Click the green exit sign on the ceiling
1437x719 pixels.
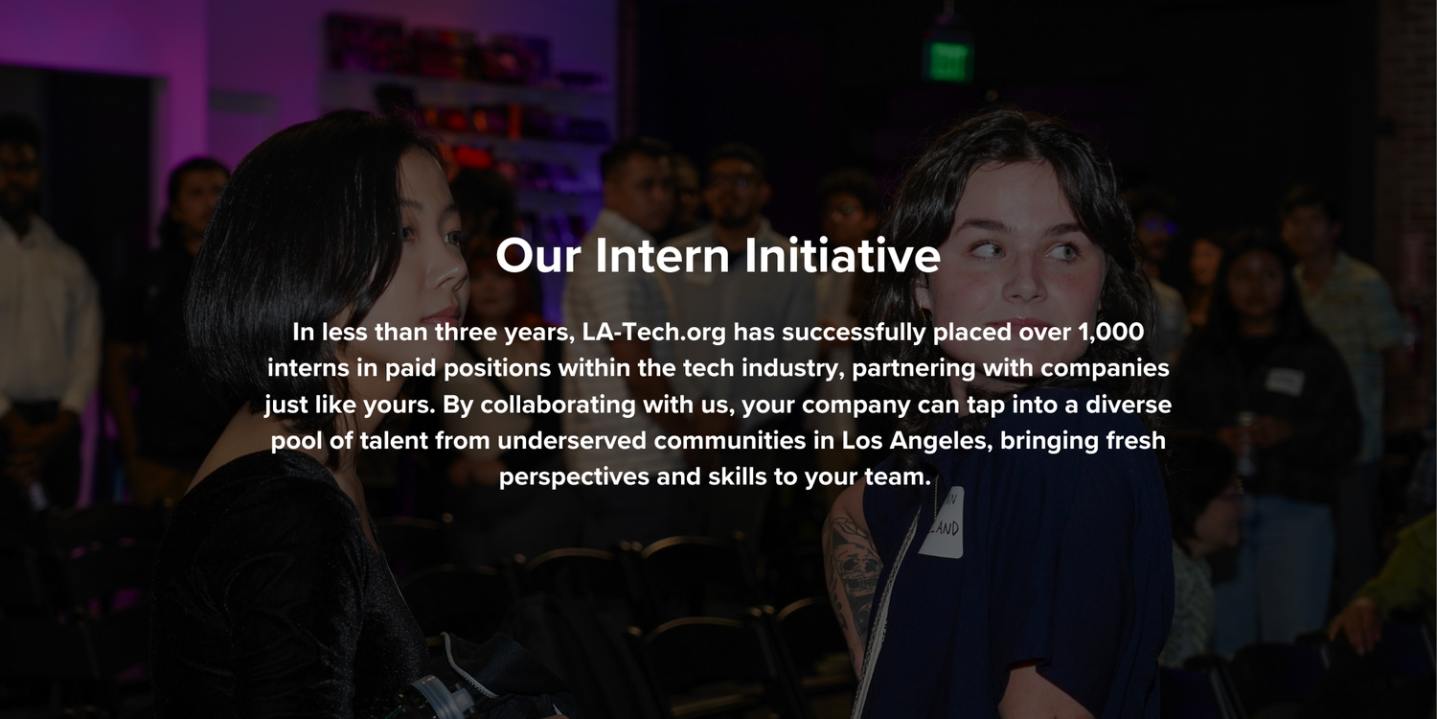pos(947,60)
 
